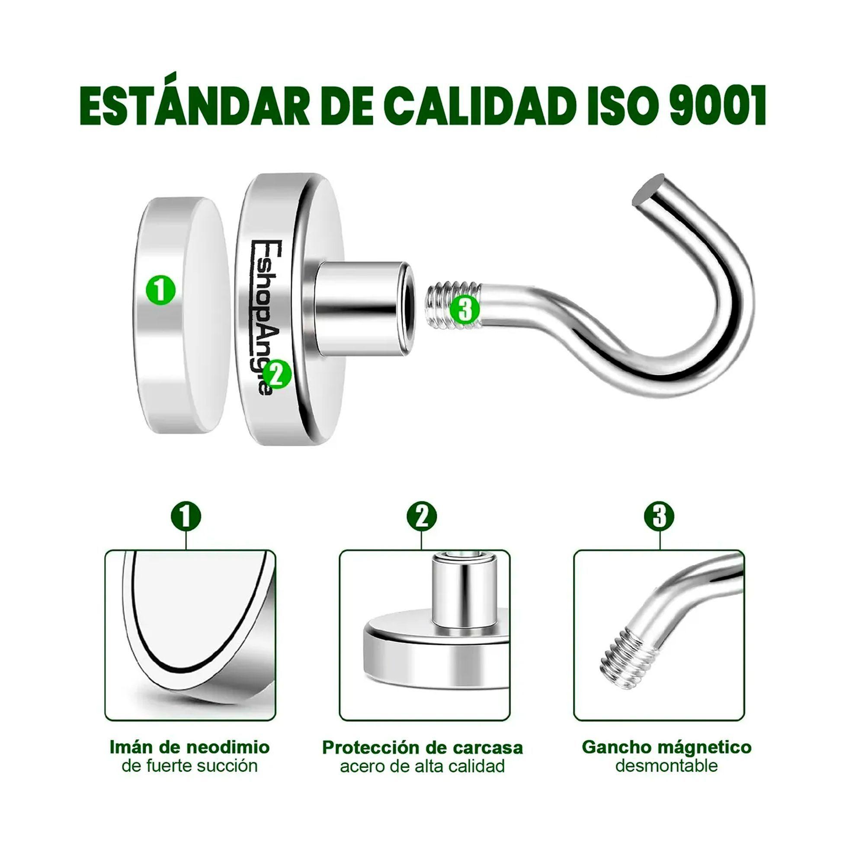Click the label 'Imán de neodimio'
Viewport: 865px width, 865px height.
[189, 747]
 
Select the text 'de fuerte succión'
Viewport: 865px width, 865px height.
[189, 766]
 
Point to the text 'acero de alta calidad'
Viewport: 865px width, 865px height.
[422, 766]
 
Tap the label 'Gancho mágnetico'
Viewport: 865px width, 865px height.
[666, 747]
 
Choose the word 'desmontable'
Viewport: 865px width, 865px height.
[666, 766]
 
